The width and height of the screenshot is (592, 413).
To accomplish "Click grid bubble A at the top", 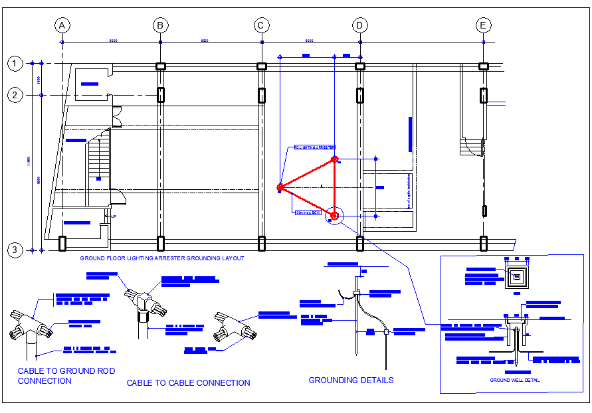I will [62, 25].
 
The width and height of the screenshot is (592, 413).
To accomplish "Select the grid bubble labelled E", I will [484, 25].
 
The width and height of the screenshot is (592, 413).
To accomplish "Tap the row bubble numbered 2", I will [14, 95].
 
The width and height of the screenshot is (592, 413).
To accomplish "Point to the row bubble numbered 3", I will [14, 250].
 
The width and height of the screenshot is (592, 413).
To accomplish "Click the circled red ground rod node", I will [335, 215].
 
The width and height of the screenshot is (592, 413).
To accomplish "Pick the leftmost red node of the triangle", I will [280, 188].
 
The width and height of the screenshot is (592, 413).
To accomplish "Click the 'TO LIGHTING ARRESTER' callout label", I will [314, 147].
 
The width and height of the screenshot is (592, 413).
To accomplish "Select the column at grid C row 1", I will [262, 66].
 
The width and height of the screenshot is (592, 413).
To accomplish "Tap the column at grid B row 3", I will [161, 244].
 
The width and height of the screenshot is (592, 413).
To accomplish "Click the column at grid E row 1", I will [484, 66].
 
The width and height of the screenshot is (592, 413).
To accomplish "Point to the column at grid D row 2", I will [359, 95].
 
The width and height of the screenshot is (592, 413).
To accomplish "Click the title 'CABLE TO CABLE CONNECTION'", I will [188, 383].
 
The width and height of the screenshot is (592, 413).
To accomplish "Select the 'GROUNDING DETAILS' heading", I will [351, 380].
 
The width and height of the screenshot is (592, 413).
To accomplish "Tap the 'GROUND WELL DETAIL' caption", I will [514, 380].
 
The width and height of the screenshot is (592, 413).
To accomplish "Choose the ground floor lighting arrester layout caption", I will [162, 258].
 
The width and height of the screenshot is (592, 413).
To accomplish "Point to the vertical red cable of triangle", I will [335, 189].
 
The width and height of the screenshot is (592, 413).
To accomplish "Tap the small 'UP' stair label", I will [113, 216].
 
